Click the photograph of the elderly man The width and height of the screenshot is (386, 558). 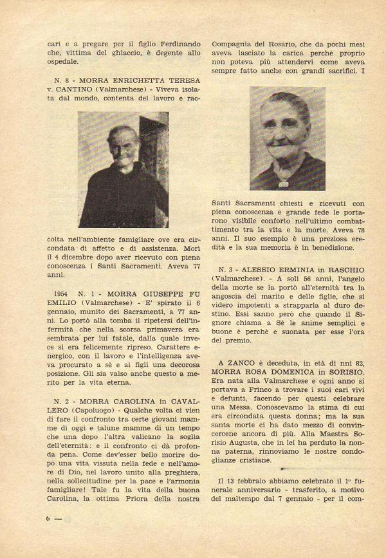124,169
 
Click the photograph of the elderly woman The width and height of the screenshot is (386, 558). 287,138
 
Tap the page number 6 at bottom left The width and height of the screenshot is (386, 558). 50,517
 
